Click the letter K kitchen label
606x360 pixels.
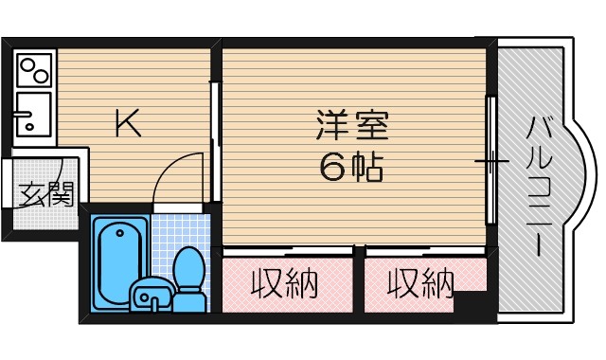[x=128, y=124]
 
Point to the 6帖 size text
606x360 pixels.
[x=351, y=167]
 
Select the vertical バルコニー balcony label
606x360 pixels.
[x=537, y=185]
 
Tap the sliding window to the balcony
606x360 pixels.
[x=491, y=161]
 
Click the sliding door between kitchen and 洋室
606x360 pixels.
[x=215, y=142]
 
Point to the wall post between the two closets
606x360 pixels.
[x=359, y=252]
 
